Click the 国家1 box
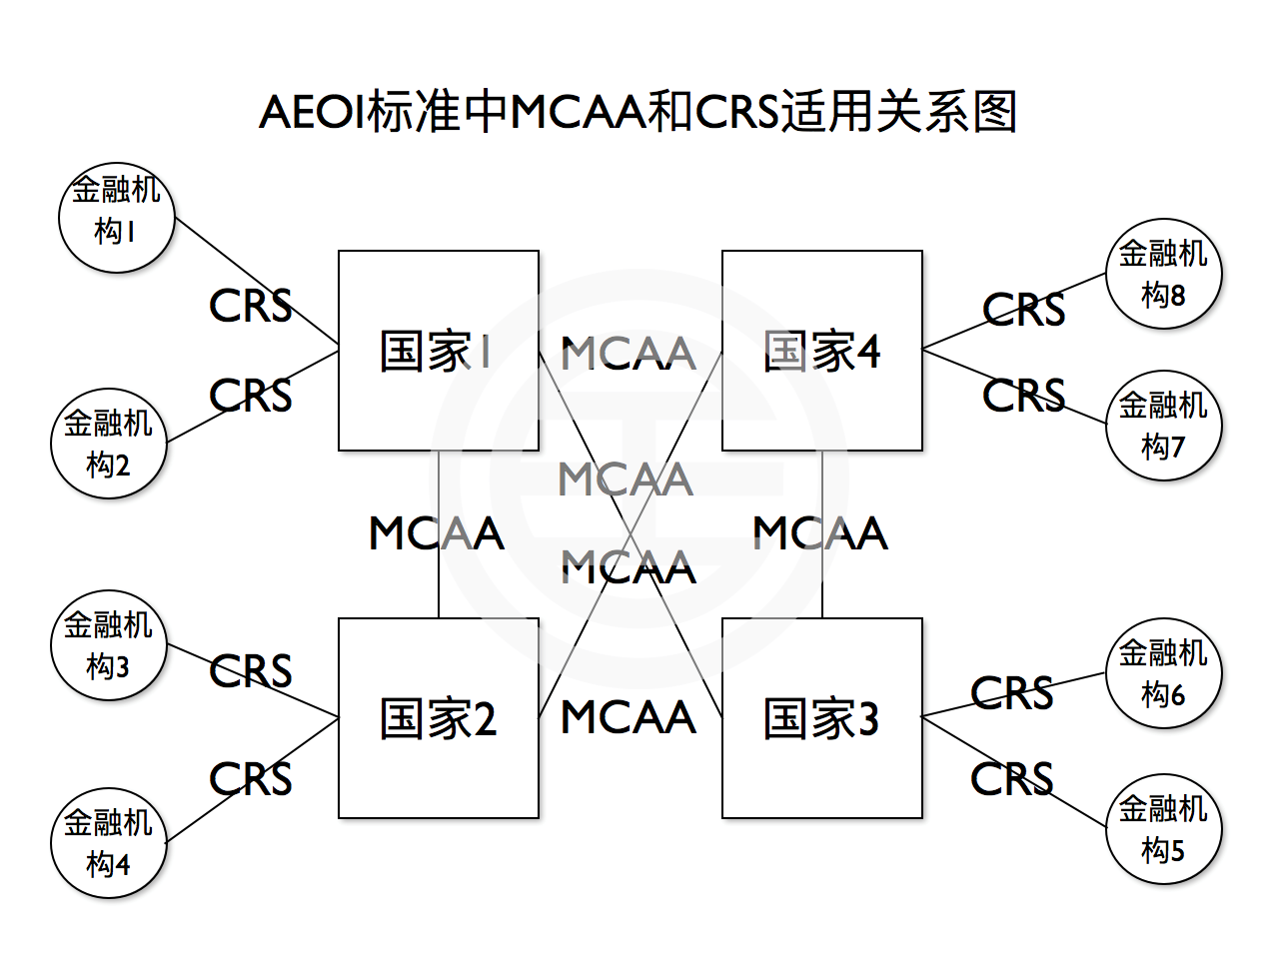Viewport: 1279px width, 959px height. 438,351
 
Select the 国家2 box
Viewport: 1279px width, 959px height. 438,718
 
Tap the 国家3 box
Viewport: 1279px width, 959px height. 821,718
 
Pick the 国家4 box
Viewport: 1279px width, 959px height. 821,351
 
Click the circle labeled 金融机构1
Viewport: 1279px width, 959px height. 116,216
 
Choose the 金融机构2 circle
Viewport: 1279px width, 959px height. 108,444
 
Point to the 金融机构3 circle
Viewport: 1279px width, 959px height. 108,644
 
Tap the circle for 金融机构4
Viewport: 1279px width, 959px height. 108,843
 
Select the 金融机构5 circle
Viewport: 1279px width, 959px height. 1163,829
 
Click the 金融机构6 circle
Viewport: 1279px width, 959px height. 1163,673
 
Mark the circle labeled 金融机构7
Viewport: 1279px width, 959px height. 1163,426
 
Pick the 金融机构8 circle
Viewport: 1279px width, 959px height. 1163,274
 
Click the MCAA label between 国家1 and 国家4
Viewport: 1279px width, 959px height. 629,354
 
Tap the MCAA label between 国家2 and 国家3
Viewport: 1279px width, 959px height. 629,717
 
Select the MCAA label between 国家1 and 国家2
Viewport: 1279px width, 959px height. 437,533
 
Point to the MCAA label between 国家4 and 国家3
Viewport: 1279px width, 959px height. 820,533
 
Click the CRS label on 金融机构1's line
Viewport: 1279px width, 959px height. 250,306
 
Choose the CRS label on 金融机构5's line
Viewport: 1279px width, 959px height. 1011,779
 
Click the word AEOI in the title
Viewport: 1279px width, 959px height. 312,111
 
